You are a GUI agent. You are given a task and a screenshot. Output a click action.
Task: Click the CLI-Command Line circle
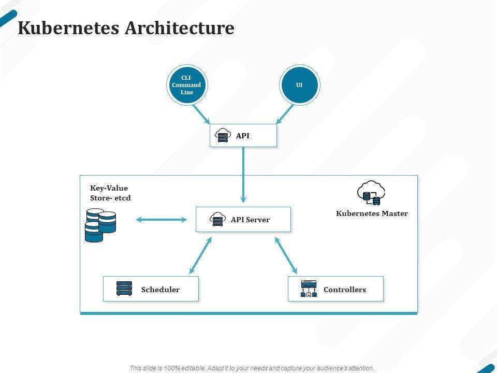pyautogui.click(x=187, y=85)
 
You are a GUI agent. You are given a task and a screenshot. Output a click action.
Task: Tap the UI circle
pyautogui.click(x=299, y=85)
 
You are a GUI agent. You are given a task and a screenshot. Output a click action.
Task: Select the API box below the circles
pyautogui.click(x=243, y=136)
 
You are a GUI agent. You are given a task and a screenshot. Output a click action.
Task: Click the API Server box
pyautogui.click(x=243, y=220)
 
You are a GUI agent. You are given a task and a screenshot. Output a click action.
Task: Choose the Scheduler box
pyautogui.click(x=151, y=289)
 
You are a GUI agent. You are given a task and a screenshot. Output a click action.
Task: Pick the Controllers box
pyautogui.click(x=335, y=289)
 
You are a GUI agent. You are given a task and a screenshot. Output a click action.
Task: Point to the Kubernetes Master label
pyautogui.click(x=372, y=213)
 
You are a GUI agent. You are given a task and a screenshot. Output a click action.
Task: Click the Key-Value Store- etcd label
pyautogui.click(x=110, y=193)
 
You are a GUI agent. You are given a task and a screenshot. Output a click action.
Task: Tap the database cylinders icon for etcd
pyautogui.click(x=100, y=225)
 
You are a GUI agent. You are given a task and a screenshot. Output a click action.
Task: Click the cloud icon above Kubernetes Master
pyautogui.click(x=372, y=192)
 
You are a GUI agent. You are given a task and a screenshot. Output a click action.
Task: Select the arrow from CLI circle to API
pyautogui.click(x=201, y=113)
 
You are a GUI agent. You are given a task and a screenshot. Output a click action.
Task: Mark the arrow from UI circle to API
pyautogui.click(x=285, y=113)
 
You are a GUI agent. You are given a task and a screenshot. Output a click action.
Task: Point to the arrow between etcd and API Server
pyautogui.click(x=162, y=220)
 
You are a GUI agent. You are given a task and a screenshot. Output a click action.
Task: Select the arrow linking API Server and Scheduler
pyautogui.click(x=201, y=255)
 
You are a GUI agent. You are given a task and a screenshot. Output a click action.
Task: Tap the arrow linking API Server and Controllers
pyautogui.click(x=286, y=255)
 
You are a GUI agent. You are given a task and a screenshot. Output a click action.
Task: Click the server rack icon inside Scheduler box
pyautogui.click(x=124, y=289)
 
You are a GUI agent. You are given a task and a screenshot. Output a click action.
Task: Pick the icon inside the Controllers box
pyautogui.click(x=309, y=289)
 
